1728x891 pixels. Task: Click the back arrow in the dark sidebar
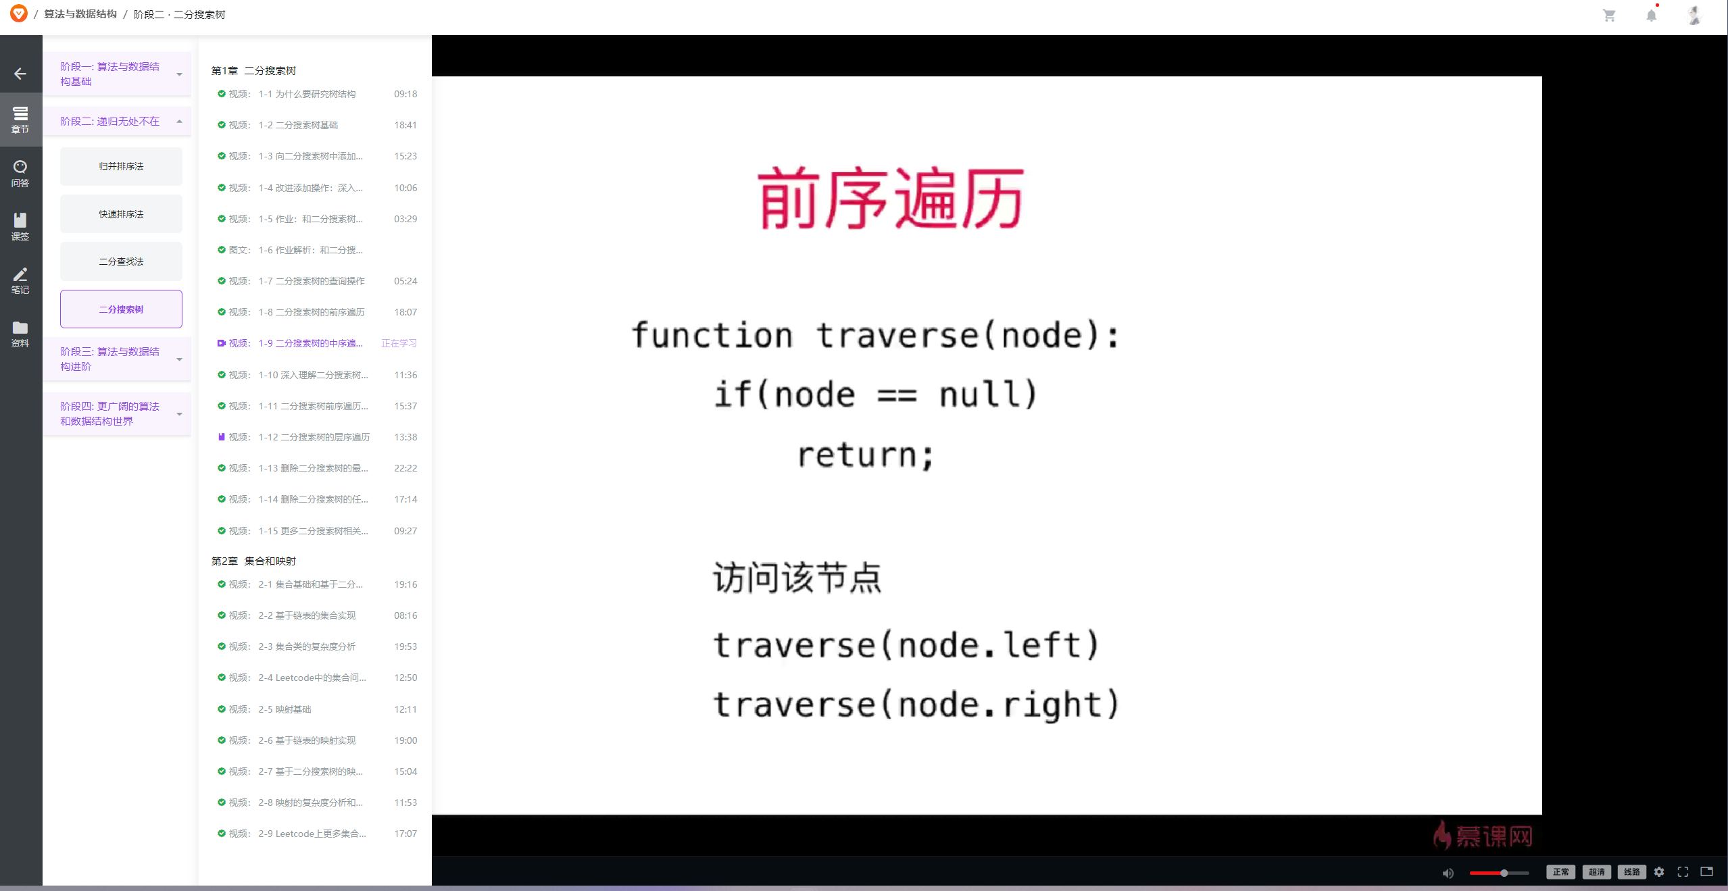(20, 74)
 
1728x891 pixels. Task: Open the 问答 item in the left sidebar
(20, 174)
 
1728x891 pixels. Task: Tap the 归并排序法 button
(121, 166)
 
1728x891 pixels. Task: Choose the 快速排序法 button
(121, 214)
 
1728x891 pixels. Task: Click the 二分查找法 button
(121, 261)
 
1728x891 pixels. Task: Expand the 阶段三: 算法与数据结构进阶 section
(118, 359)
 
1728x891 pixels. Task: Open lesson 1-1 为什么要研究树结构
(307, 94)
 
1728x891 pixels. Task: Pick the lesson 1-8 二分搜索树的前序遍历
(311, 312)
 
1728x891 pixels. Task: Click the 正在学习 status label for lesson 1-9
(399, 343)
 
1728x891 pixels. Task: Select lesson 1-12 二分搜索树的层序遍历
(314, 437)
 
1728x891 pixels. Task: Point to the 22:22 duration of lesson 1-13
(405, 468)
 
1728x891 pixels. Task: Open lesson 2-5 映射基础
(285, 709)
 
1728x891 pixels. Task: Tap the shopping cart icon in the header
(1609, 16)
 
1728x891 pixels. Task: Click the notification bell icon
(1651, 15)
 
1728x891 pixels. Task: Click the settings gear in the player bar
(1659, 872)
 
